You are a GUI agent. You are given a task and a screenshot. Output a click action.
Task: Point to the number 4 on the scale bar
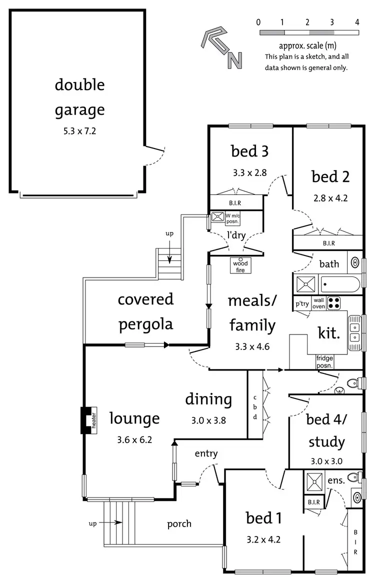click(357, 22)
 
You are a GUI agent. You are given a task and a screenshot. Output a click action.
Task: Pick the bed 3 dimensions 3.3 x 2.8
click(249, 173)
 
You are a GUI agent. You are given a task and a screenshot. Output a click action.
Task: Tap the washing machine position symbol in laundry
click(217, 217)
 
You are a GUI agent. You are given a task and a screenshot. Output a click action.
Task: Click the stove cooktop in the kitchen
click(333, 303)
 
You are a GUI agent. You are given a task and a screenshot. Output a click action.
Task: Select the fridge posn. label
click(324, 361)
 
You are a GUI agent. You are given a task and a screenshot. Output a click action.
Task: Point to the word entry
click(206, 453)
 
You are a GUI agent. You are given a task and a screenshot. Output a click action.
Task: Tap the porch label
click(179, 523)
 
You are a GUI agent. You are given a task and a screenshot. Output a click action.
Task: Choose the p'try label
click(301, 303)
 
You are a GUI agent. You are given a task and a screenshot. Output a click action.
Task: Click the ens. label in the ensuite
click(335, 480)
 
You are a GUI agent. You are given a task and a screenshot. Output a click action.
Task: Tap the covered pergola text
click(145, 311)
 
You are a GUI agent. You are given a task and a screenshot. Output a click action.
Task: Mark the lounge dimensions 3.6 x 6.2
click(134, 440)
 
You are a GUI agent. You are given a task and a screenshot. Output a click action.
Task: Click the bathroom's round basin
click(355, 263)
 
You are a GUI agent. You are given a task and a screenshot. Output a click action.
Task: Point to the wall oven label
click(318, 303)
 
